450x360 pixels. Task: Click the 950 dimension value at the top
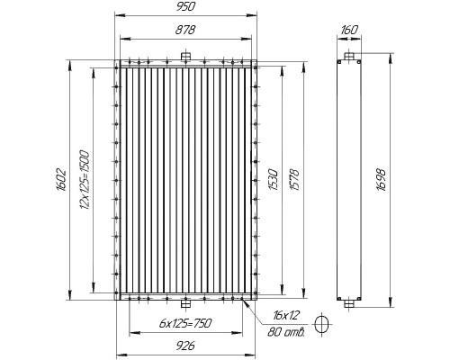(x=185, y=6)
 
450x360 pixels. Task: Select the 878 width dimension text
(x=185, y=30)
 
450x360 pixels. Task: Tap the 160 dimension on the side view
(x=349, y=30)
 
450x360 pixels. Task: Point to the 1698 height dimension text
(x=382, y=180)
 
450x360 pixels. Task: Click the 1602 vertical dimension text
(x=61, y=180)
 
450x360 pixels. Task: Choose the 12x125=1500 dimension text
(x=85, y=180)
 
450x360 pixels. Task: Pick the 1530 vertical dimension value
(x=273, y=180)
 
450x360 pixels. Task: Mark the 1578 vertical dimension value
(x=294, y=180)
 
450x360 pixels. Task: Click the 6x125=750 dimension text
(x=185, y=323)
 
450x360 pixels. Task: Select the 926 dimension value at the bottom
(x=185, y=346)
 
